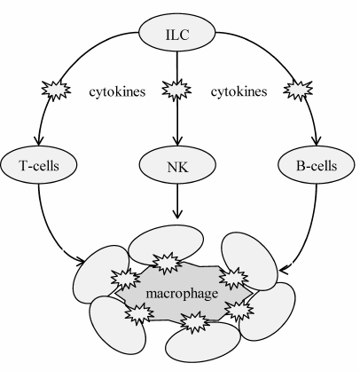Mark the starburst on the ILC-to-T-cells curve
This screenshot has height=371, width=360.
tap(51, 91)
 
